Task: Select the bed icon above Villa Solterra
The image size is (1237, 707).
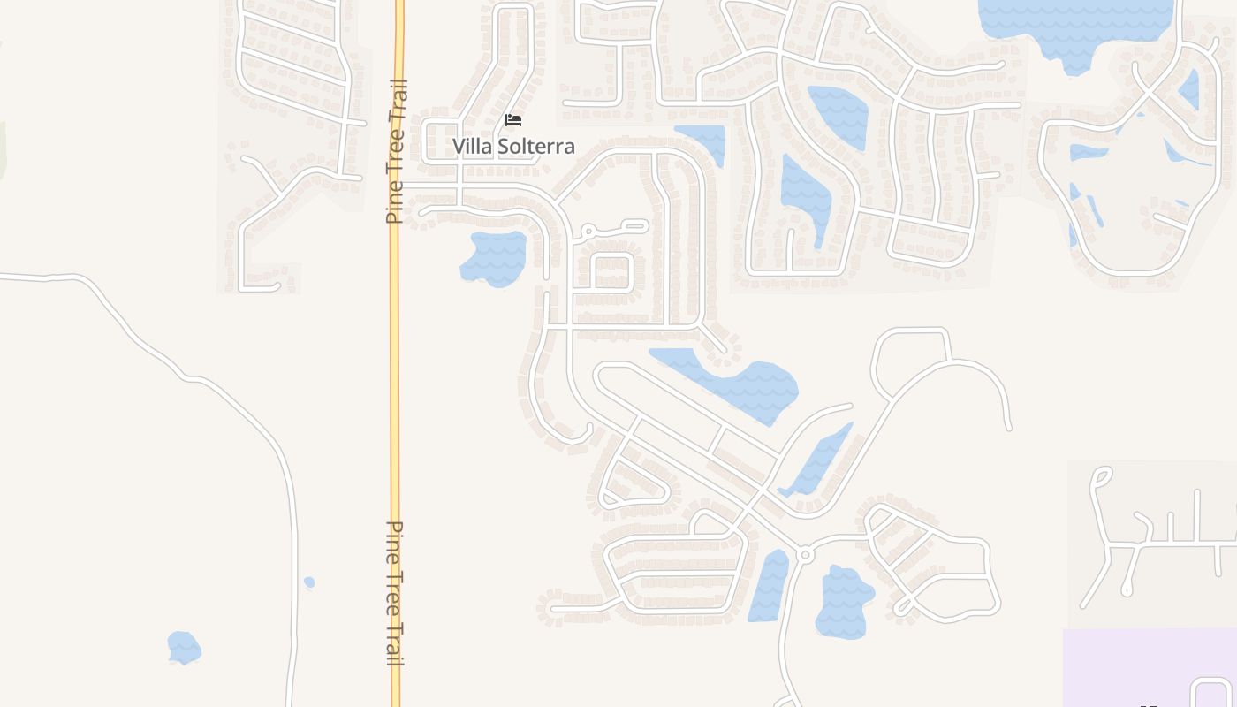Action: (x=513, y=120)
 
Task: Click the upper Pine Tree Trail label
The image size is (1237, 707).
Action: (x=397, y=151)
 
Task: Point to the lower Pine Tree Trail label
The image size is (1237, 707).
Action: (x=396, y=592)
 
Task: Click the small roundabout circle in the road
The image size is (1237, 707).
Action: (x=804, y=555)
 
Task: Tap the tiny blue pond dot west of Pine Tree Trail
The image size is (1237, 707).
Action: (x=309, y=582)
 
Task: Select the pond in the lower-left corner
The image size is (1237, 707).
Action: (x=184, y=647)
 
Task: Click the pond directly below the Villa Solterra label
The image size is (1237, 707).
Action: (x=495, y=257)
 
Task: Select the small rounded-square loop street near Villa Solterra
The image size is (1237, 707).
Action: (x=611, y=271)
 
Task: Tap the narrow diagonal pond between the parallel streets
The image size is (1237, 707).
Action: (x=817, y=460)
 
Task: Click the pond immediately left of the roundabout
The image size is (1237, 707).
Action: (x=770, y=585)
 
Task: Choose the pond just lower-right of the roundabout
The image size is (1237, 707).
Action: (x=844, y=601)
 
